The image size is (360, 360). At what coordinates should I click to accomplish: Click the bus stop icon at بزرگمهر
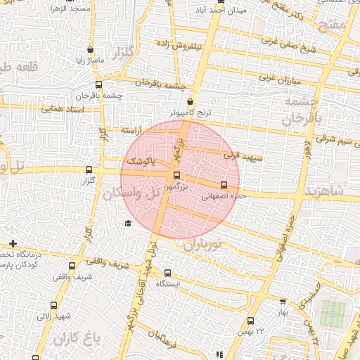[x=176, y=176]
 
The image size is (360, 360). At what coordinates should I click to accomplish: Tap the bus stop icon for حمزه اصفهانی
[x=224, y=186]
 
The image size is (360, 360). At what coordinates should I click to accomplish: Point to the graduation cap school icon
[x=127, y=224]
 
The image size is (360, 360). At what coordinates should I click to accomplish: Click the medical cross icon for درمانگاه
[x=13, y=243]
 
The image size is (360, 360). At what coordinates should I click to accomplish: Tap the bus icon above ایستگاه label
[x=167, y=273]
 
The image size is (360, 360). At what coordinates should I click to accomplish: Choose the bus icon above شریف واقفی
[x=72, y=266]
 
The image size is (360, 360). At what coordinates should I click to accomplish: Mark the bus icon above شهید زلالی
[x=54, y=305]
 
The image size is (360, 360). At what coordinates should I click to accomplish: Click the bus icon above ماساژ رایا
[x=89, y=50]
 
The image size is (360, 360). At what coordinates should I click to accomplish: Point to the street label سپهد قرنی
[x=237, y=154]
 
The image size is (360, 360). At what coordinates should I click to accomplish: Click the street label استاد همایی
[x=62, y=110]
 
